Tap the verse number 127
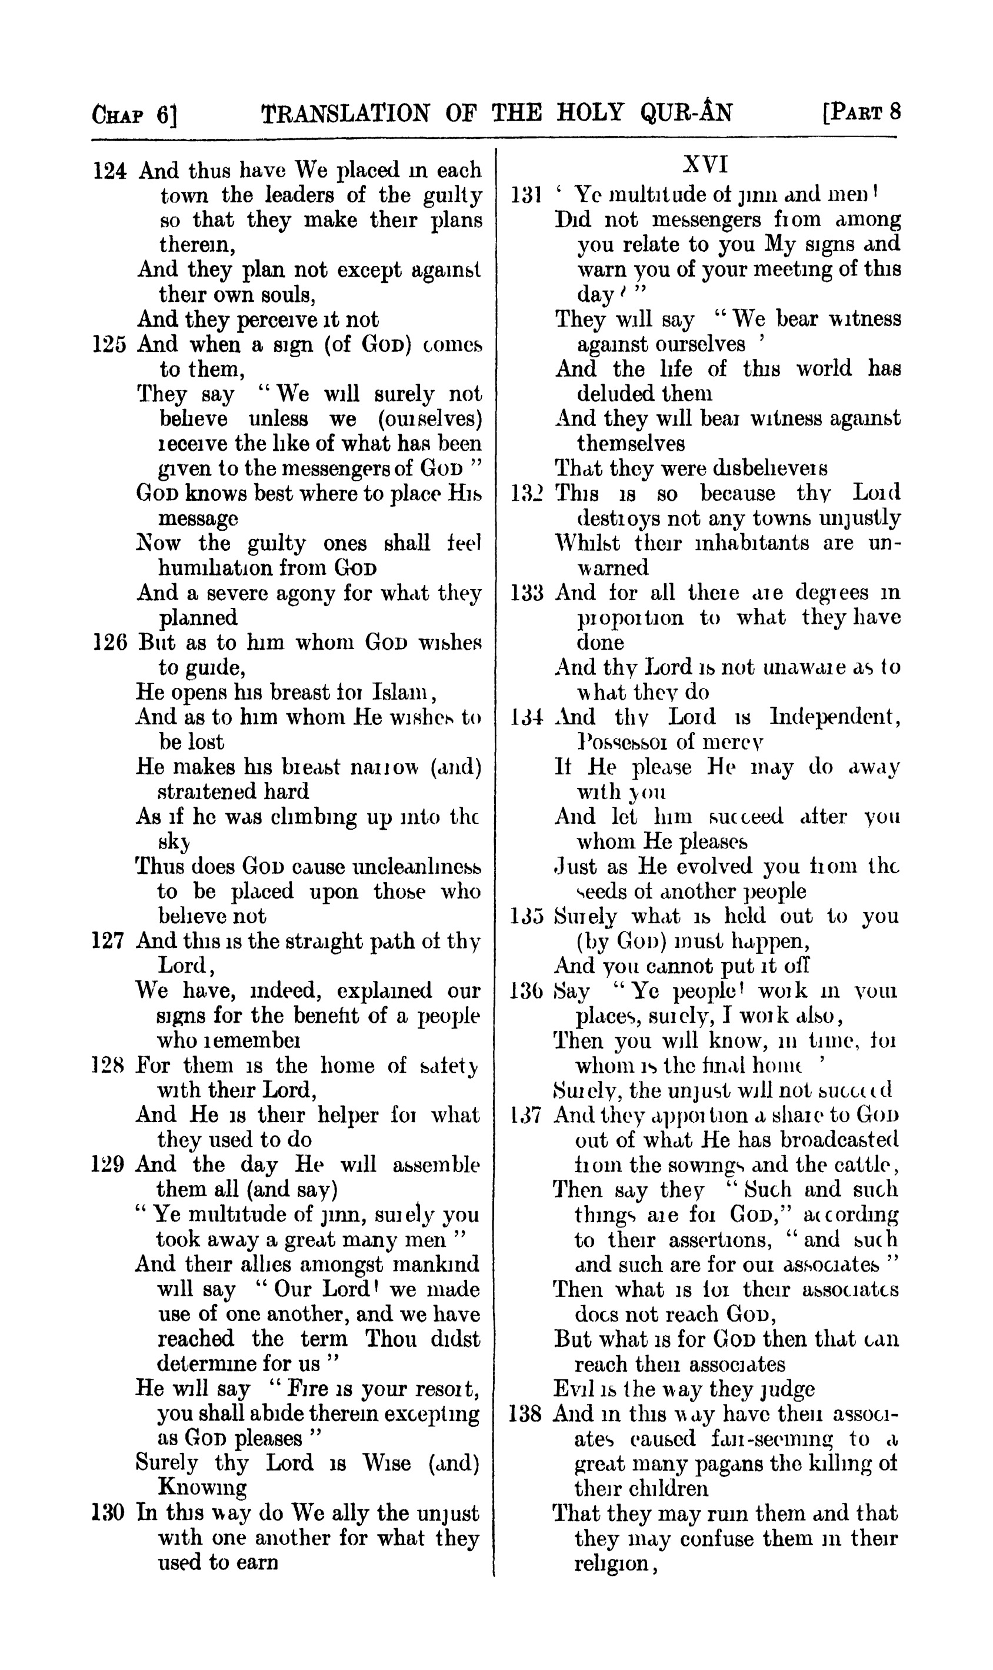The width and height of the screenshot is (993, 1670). pos(108,941)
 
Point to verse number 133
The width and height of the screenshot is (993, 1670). pos(527,593)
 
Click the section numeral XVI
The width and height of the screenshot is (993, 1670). pos(705,165)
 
